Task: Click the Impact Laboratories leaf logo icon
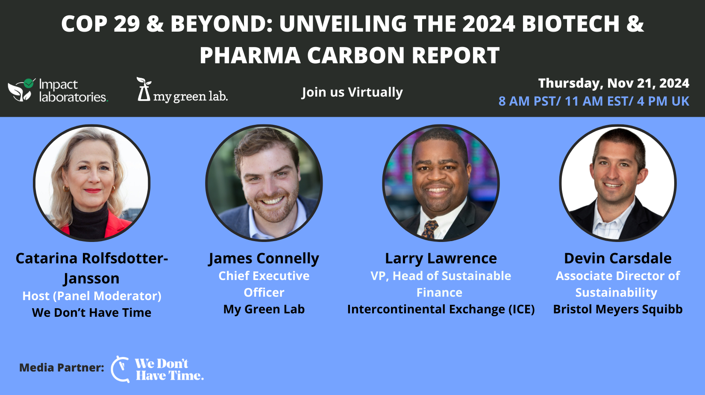pyautogui.click(x=21, y=90)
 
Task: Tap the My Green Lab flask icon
pyautogui.click(x=144, y=89)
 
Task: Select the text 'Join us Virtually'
pyautogui.click(x=352, y=92)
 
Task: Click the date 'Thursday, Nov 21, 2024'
pyautogui.click(x=614, y=83)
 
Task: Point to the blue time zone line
pyautogui.click(x=593, y=101)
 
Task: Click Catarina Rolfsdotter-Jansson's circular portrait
pyautogui.click(x=92, y=183)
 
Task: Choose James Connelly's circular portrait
pyautogui.click(x=264, y=183)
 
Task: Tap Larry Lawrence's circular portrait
pyautogui.click(x=441, y=183)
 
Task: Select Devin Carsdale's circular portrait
pyautogui.click(x=618, y=183)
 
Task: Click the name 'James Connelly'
pyautogui.click(x=264, y=259)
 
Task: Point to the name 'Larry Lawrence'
pyautogui.click(x=441, y=259)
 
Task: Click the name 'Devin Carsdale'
pyautogui.click(x=618, y=259)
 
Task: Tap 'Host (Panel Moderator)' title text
pyautogui.click(x=92, y=296)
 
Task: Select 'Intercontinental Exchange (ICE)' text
pyautogui.click(x=441, y=309)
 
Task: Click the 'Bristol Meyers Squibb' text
pyautogui.click(x=618, y=309)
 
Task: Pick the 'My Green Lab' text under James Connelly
pyautogui.click(x=264, y=309)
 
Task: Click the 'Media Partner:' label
pyautogui.click(x=62, y=368)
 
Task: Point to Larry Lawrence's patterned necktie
pyautogui.click(x=430, y=229)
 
